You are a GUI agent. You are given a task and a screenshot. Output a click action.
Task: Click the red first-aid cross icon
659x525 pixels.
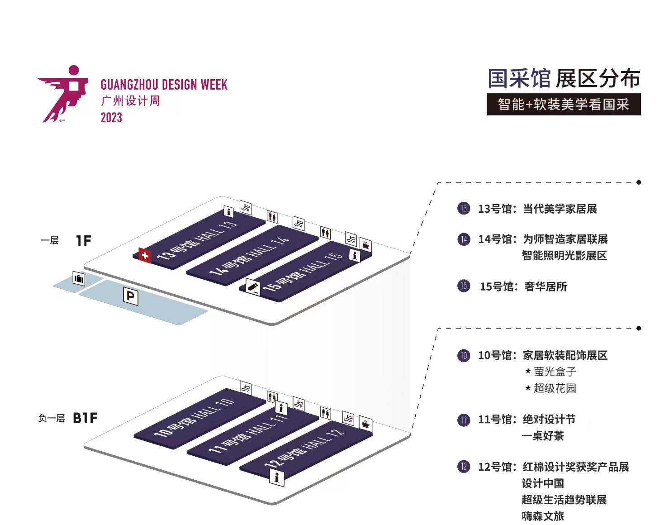click(x=145, y=255)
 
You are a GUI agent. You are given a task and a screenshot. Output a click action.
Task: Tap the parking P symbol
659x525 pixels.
click(x=131, y=296)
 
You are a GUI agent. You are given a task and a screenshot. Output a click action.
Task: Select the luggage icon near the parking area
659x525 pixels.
click(x=79, y=279)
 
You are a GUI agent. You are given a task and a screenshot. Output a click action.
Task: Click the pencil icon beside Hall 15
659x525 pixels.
click(x=253, y=287)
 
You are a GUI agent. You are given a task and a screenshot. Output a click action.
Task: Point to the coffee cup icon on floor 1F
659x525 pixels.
click(x=365, y=245)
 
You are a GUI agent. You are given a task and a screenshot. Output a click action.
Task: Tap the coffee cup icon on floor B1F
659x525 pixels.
click(x=365, y=425)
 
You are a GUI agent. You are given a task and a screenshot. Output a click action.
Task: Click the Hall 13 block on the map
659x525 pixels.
click(x=199, y=240)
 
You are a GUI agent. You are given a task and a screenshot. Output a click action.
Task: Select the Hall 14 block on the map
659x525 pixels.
click(x=251, y=256)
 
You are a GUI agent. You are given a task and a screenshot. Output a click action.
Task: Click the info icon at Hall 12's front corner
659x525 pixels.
click(x=276, y=477)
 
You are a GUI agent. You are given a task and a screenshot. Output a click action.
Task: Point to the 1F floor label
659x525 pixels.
click(x=83, y=241)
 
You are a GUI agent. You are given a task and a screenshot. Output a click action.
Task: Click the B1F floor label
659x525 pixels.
click(x=85, y=418)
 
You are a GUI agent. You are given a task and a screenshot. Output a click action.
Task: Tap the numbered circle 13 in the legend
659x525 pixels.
click(x=464, y=209)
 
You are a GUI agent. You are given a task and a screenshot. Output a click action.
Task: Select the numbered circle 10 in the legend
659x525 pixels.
click(x=464, y=355)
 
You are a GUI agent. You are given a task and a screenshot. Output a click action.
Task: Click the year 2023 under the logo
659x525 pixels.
click(x=111, y=118)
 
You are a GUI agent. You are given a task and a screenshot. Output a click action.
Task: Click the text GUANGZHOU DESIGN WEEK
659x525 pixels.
click(x=164, y=85)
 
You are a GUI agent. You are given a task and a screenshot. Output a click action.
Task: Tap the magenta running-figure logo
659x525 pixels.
click(x=63, y=94)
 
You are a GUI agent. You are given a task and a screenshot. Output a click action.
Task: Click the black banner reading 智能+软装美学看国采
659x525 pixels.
click(x=564, y=105)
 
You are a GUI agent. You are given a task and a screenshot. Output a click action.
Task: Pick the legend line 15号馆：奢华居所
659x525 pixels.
click(x=523, y=286)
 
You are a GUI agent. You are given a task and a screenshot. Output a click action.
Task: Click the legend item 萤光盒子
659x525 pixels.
click(x=555, y=372)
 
